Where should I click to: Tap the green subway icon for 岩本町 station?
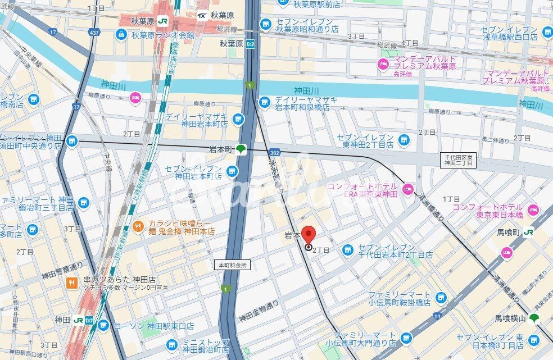241,149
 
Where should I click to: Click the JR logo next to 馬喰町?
528,231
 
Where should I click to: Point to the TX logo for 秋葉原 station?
201,15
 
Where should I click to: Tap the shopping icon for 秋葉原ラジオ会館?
120,35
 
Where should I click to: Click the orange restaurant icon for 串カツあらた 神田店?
71,283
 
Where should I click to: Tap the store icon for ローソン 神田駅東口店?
102,325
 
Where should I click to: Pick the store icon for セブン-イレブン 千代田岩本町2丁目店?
348,249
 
